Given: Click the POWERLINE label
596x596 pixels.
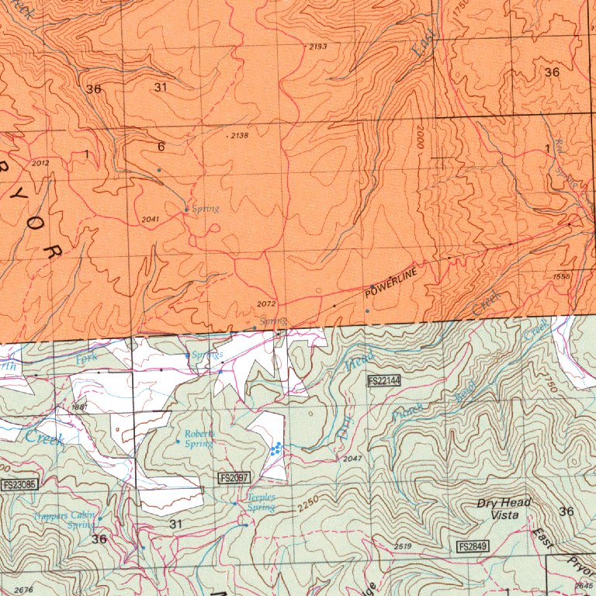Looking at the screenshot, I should coord(391,283).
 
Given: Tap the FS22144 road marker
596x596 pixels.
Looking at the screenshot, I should coord(383,380).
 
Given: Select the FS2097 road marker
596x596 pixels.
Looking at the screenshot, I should coord(234,477).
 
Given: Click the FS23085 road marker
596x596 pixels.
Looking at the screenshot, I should coord(19,486).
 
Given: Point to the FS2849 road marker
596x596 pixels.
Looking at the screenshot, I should coord(473,547).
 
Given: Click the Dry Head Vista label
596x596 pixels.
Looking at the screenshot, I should coord(504,508).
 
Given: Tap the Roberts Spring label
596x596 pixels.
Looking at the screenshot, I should coord(198,438).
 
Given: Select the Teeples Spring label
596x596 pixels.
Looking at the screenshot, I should coord(260,503).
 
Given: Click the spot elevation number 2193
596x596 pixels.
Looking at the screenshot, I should coord(317,47).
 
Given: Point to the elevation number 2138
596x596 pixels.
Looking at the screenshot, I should coord(239,136).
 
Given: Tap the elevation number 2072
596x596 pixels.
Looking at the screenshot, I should coord(265,303).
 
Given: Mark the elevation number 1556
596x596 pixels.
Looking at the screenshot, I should coord(562,276).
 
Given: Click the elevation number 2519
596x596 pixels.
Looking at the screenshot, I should coord(403,547).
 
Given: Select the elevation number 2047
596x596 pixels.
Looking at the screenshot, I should coord(352,459).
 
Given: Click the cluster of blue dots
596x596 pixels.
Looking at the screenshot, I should coord(275,448).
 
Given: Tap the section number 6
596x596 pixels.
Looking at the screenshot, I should coord(161,147).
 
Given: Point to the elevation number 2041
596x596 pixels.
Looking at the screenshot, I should coord(151,220).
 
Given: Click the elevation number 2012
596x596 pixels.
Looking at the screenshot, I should coord(41,163).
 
